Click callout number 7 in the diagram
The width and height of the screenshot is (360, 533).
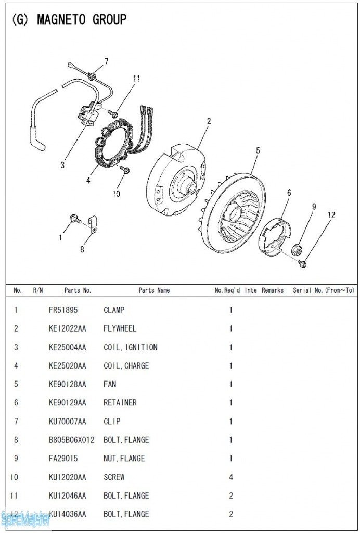(106, 61)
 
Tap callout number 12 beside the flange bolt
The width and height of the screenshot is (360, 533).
(331, 215)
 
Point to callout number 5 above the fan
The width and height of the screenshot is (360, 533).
(258, 151)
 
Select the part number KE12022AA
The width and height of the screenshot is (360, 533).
(67, 328)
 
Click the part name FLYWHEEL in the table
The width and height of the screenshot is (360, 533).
(121, 328)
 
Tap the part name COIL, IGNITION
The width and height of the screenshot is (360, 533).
(130, 347)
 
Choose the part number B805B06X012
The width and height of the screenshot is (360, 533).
(71, 440)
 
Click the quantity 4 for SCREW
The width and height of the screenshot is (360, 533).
(231, 477)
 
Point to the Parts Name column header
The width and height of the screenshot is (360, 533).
(154, 290)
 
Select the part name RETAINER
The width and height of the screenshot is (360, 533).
(120, 403)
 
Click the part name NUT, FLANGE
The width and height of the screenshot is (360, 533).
(124, 459)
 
